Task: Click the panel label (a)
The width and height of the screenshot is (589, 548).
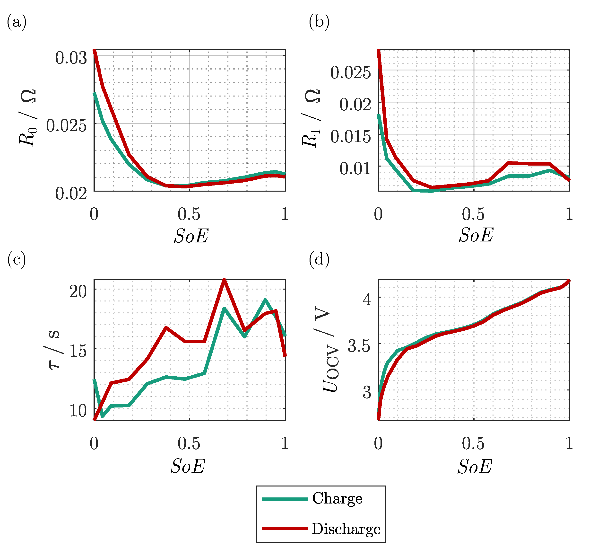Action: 17,22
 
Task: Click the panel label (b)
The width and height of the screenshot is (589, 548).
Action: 319,22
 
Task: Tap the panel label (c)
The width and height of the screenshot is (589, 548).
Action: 17,260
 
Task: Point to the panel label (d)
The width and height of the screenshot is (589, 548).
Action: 319,260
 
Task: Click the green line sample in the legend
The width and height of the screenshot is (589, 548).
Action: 285,499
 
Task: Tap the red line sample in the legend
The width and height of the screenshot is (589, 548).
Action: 285,529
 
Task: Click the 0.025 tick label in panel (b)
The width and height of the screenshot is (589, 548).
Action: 350,72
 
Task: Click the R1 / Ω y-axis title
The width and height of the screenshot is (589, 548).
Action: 311,118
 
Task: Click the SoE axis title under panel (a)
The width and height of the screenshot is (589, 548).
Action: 191,236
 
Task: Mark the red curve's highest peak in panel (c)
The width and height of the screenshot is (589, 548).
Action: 224,280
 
